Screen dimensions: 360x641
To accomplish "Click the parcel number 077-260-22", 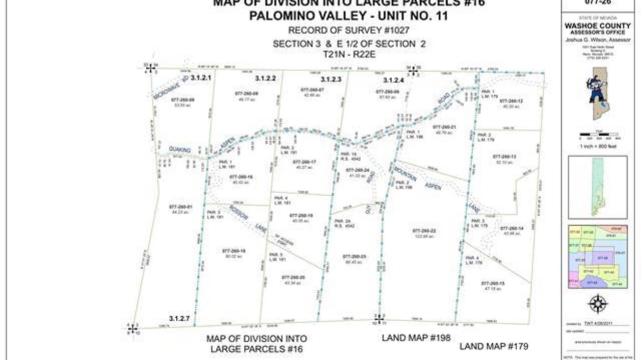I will pos(424,231).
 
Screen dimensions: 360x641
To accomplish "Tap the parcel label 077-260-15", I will pos(492,283).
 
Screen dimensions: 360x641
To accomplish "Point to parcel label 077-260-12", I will pos(511,101).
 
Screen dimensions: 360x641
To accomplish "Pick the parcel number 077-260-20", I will pos(293,277).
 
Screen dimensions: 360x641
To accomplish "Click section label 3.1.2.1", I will pos(200,78).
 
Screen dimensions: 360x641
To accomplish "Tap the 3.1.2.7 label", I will pos(179,319).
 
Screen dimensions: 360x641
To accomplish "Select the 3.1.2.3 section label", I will pos(331,79).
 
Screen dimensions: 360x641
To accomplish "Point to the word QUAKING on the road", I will pos(180,149).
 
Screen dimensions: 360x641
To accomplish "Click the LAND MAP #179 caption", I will pos(494,346).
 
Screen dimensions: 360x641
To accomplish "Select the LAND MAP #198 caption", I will pos(416,337).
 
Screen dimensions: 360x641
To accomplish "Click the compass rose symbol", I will pos(597,304).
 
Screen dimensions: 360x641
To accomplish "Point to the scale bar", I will pos(597,134).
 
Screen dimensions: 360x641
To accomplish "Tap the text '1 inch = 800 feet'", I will pos(597,146).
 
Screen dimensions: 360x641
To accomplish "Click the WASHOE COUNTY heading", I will pos(597,26).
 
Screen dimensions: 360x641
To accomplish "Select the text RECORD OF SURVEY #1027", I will pos(349,30).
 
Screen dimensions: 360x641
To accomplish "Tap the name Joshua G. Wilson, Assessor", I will pos(597,40).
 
